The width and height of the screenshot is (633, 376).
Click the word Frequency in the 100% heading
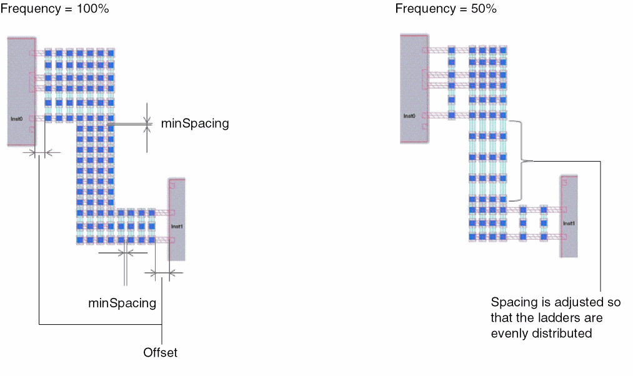tap(26, 9)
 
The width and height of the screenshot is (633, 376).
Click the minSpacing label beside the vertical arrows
tap(195, 124)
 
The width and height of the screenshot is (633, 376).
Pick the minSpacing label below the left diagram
tap(122, 304)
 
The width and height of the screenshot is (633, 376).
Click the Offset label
tap(161, 353)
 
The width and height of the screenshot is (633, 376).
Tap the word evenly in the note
tap(509, 334)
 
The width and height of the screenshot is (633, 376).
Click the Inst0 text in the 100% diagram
tap(16, 117)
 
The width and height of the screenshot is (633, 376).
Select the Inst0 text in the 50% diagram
tap(409, 116)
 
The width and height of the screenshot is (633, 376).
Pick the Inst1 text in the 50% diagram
tap(569, 223)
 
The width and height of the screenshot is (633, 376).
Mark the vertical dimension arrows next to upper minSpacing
tap(148, 126)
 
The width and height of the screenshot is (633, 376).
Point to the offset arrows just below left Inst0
tap(40, 152)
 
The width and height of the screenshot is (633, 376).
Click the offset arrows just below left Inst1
tap(162, 272)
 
